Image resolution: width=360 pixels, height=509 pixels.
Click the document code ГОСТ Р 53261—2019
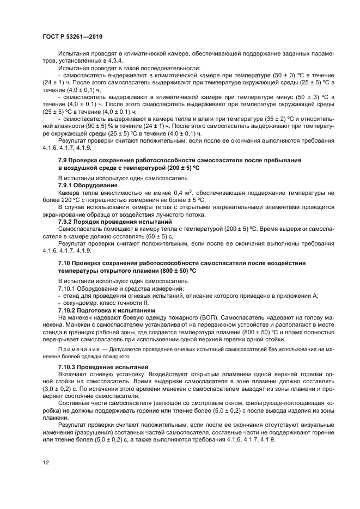click(72, 36)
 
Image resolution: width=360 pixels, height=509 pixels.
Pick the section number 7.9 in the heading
click(64, 161)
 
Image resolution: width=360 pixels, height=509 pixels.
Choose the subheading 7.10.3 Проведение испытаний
click(103, 367)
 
